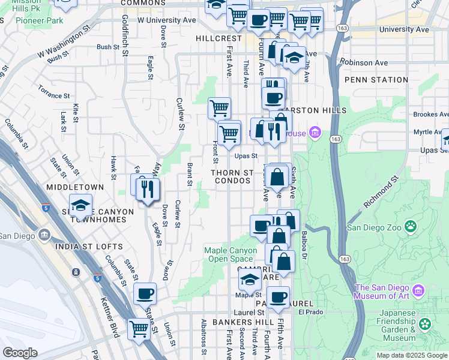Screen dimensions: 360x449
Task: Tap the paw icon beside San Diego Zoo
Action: tap(411, 227)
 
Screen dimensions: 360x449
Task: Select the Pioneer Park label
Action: tap(40, 20)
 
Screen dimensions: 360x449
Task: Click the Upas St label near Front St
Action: tap(246, 156)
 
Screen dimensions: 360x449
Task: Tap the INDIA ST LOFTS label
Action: tap(89, 247)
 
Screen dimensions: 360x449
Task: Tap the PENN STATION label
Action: tap(376, 80)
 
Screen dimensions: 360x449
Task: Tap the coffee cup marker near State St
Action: tap(145, 293)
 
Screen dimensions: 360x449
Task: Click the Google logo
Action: tap(20, 352)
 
